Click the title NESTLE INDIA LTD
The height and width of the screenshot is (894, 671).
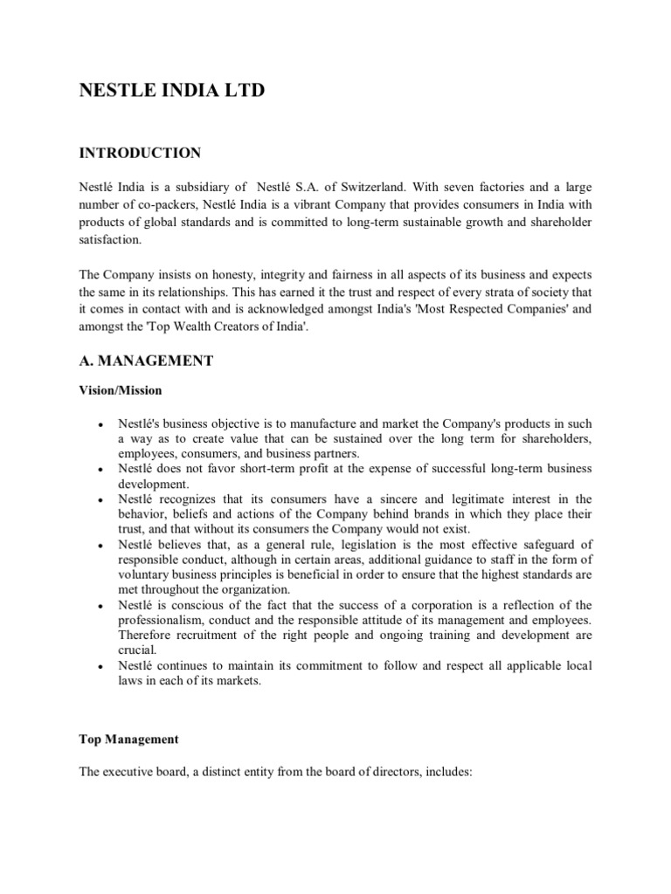pos(171,91)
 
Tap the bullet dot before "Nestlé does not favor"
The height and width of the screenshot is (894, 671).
pos(102,468)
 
